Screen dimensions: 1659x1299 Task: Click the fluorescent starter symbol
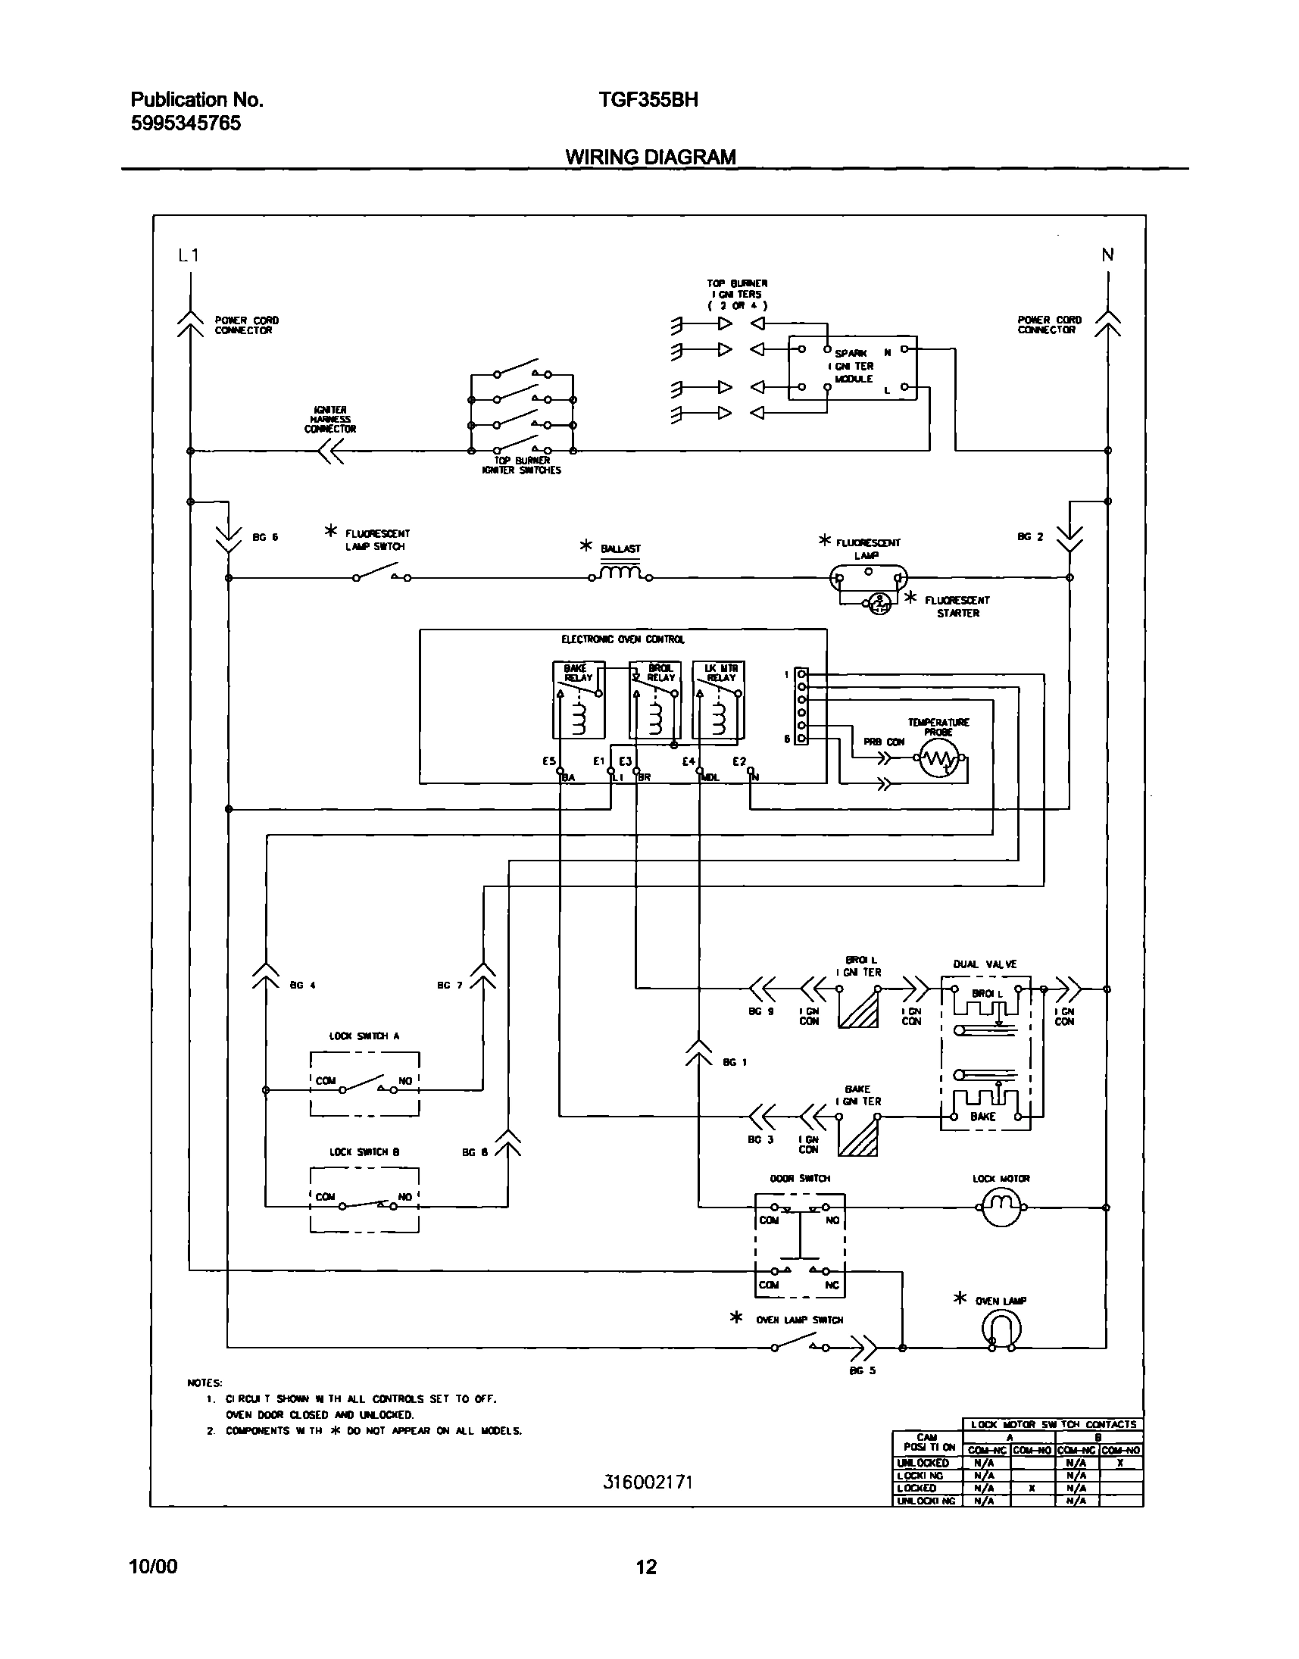coord(879,603)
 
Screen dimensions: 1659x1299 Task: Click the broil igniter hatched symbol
coord(858,1008)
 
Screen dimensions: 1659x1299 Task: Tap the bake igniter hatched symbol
coord(858,1136)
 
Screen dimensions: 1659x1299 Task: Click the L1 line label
coord(189,255)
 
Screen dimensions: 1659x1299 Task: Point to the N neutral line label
coord(1107,255)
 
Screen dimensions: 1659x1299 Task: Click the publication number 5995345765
coord(186,123)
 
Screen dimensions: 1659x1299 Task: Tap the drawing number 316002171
coord(648,1482)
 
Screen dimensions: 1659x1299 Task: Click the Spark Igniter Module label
coord(854,366)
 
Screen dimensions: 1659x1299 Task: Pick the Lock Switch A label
coord(364,1036)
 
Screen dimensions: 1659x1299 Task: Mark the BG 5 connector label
coord(863,1370)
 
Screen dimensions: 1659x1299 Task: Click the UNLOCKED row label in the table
coord(923,1463)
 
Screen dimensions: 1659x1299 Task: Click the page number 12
coord(645,1566)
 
